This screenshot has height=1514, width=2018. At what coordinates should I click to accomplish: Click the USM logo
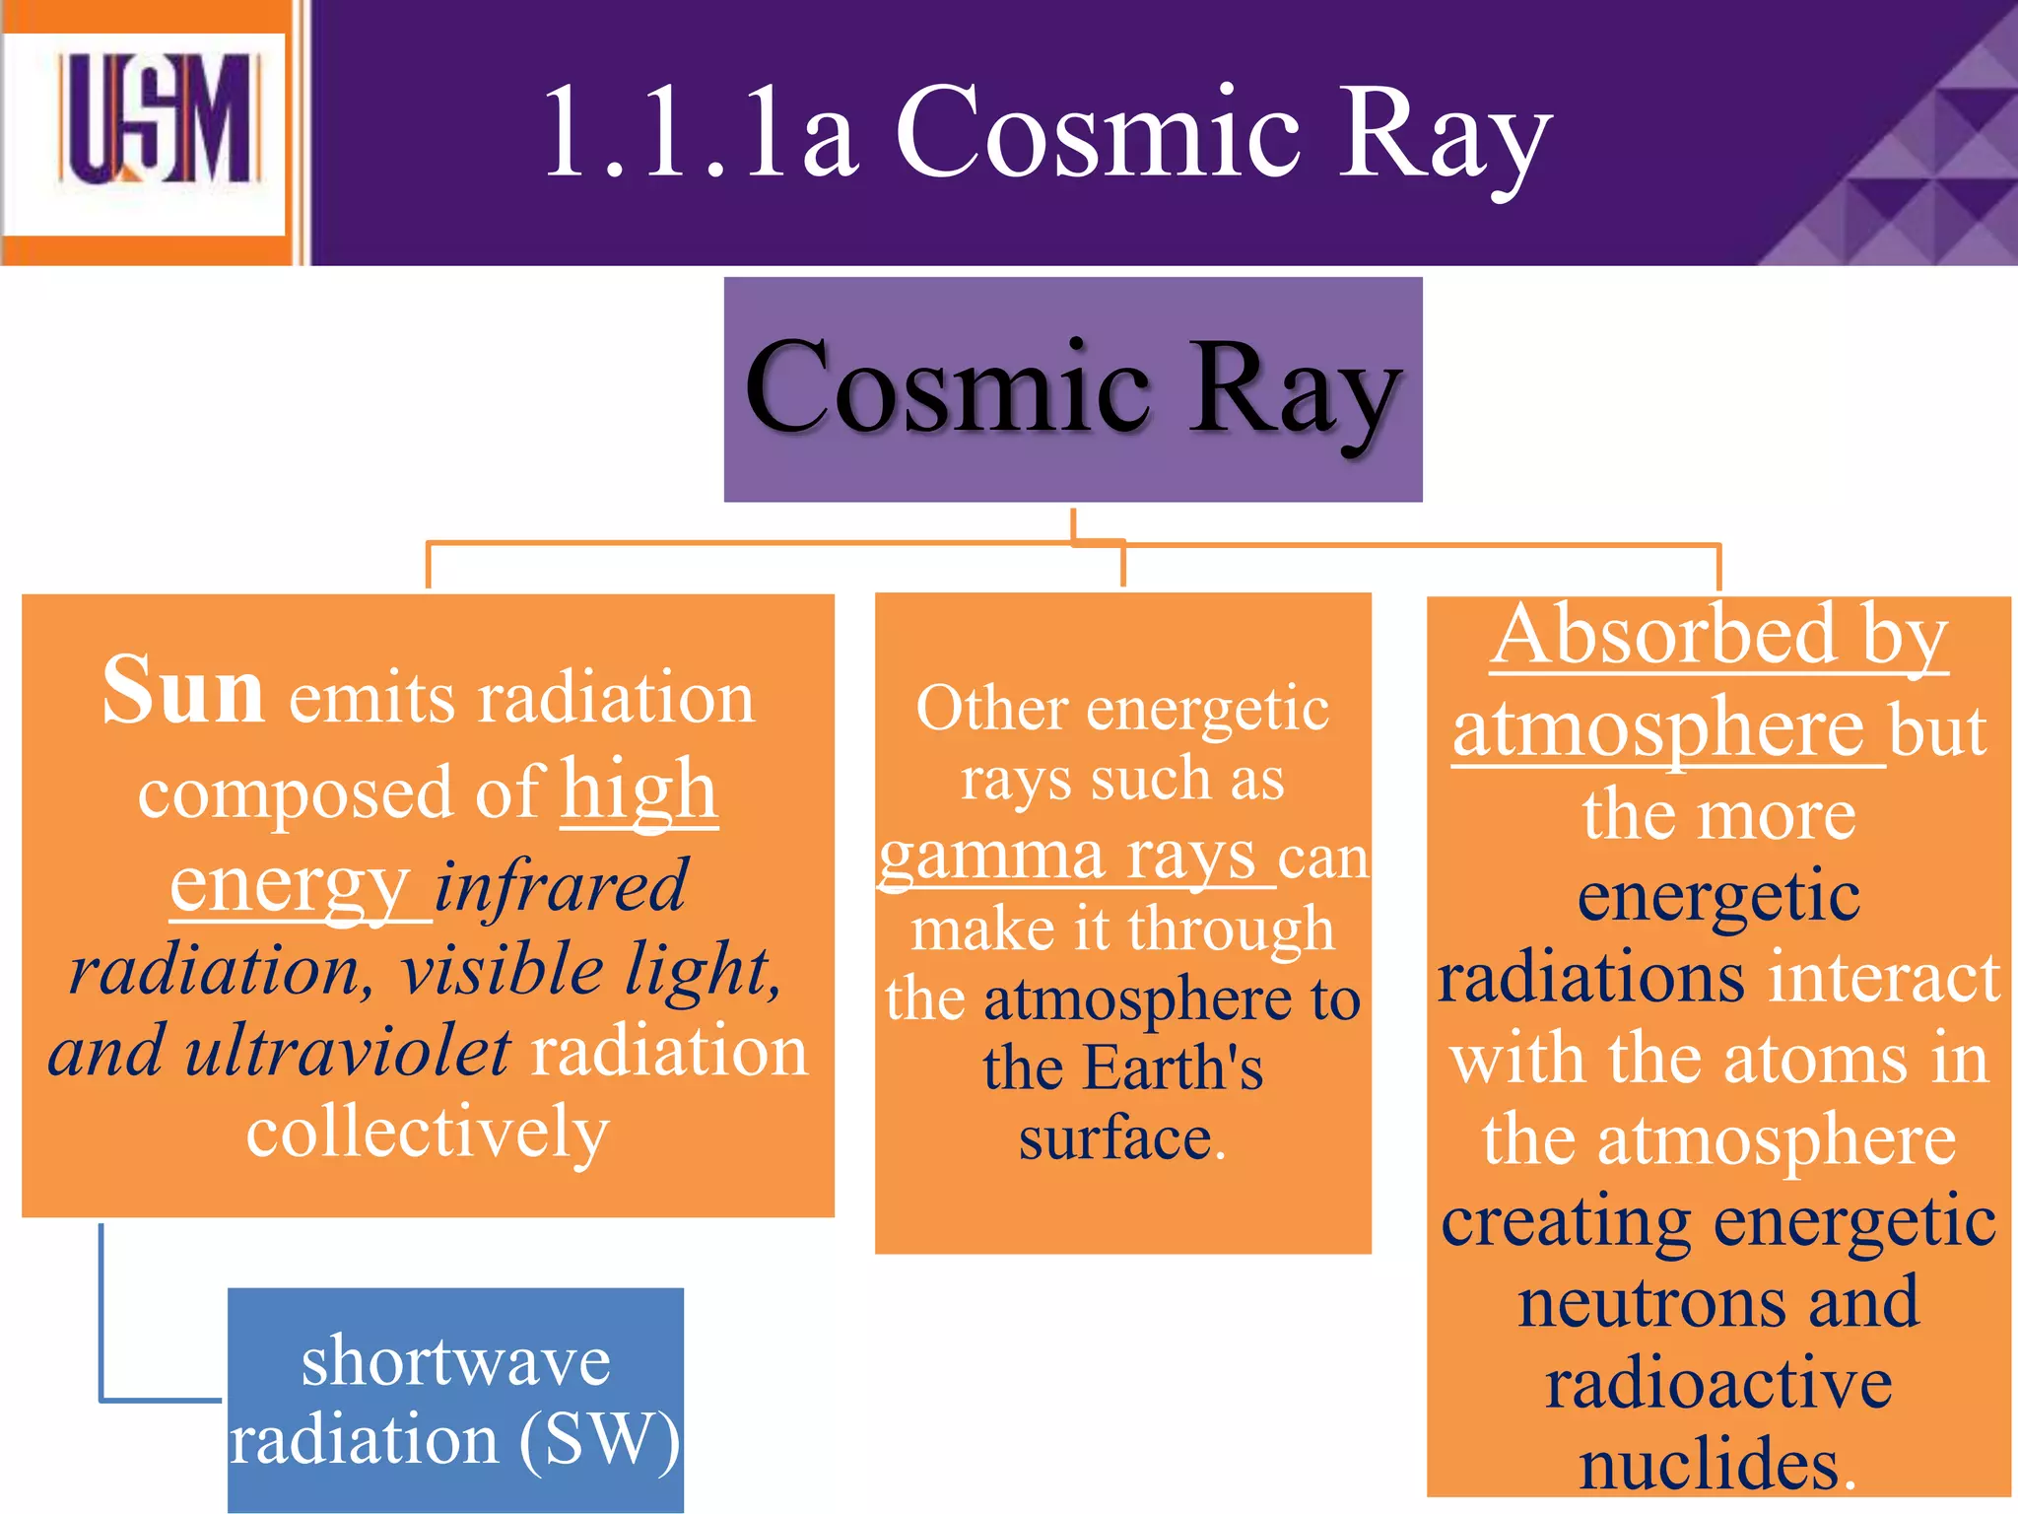click(x=158, y=120)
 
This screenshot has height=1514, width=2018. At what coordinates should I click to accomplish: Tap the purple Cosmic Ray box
click(x=1072, y=389)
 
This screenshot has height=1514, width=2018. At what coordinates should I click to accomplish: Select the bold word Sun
click(x=183, y=690)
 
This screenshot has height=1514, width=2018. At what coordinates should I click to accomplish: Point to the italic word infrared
click(x=560, y=885)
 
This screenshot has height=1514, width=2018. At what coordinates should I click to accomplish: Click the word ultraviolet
click(x=348, y=1051)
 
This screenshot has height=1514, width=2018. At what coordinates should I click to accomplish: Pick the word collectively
click(x=428, y=1132)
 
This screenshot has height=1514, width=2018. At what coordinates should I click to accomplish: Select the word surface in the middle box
click(x=1114, y=1139)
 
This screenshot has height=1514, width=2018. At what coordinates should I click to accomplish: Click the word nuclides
click(x=1710, y=1463)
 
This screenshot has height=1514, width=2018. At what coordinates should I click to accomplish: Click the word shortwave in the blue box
click(x=455, y=1361)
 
